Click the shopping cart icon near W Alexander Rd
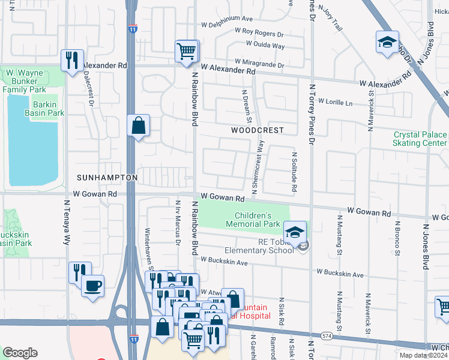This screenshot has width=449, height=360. pos(187,51)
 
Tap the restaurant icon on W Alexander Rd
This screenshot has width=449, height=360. pos(72,60)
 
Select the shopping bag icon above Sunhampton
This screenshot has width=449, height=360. pos(139,126)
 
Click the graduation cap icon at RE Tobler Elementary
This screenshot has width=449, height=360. pos(295,232)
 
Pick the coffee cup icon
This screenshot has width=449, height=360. pos(92,286)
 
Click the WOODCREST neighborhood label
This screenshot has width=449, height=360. pos(256,130)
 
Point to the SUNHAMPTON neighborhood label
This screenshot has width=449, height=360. pos(107,178)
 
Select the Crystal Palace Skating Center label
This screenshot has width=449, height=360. pos(420,139)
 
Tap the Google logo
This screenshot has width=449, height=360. pos(20,353)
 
